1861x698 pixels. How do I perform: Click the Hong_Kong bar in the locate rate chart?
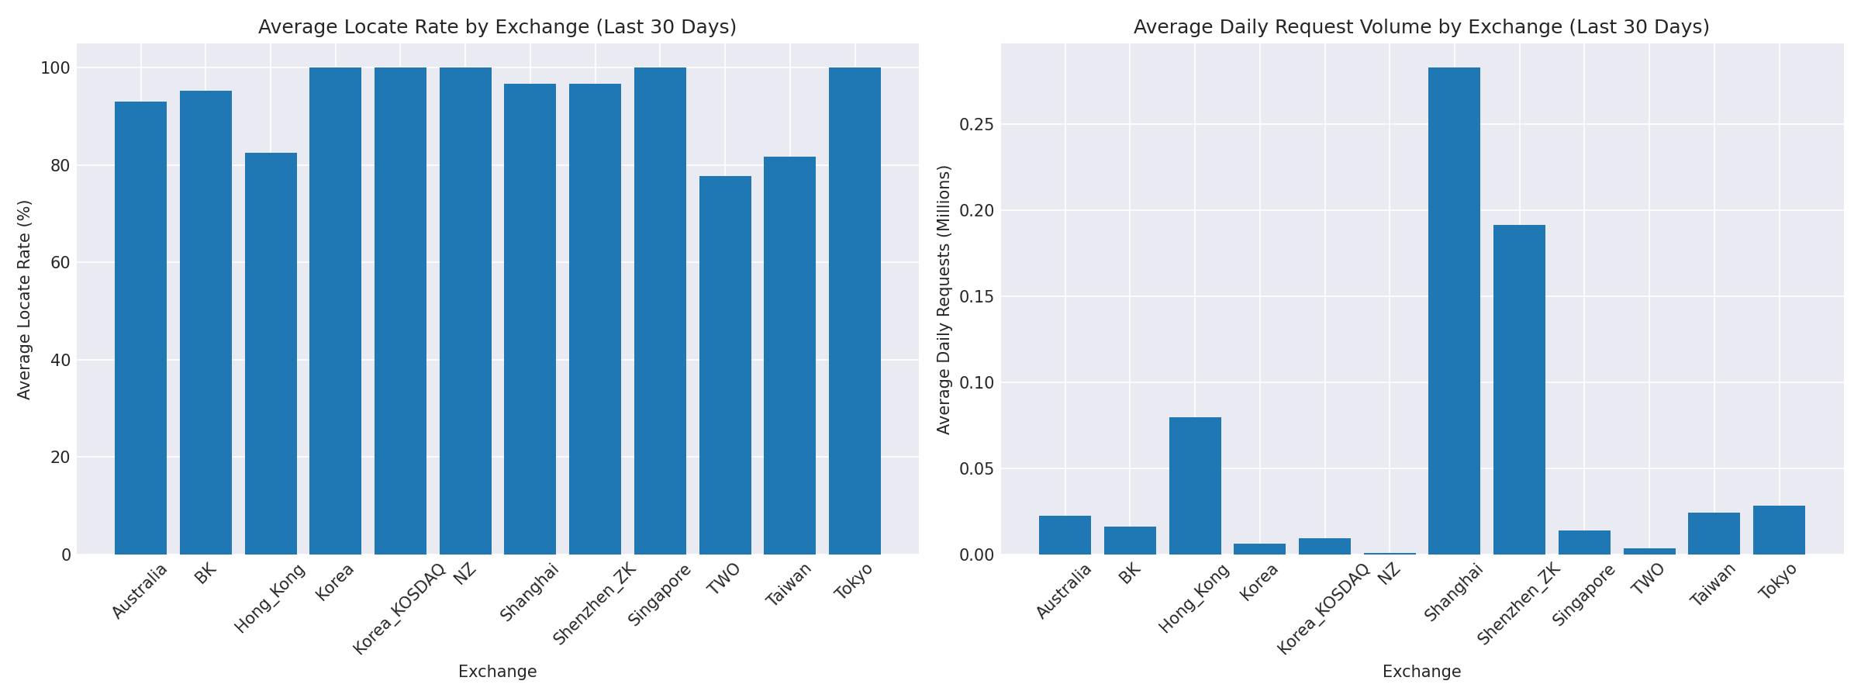pos(271,354)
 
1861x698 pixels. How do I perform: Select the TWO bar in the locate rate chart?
pos(725,365)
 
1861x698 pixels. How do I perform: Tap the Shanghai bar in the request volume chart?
pos(1454,311)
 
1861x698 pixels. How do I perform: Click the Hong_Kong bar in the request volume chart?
pos(1195,485)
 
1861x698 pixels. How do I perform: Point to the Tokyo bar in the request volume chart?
pos(1779,530)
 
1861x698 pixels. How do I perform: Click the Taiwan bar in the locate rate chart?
pos(789,355)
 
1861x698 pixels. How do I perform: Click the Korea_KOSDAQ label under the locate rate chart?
pos(400,608)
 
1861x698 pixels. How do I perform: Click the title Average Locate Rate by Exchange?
pos(497,27)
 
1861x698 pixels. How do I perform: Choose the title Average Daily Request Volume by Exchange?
pos(1421,27)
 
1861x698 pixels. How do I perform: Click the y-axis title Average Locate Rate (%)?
pos(24,299)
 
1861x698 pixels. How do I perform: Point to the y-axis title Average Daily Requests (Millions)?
pos(944,299)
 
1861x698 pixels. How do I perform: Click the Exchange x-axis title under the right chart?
pos(1421,672)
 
